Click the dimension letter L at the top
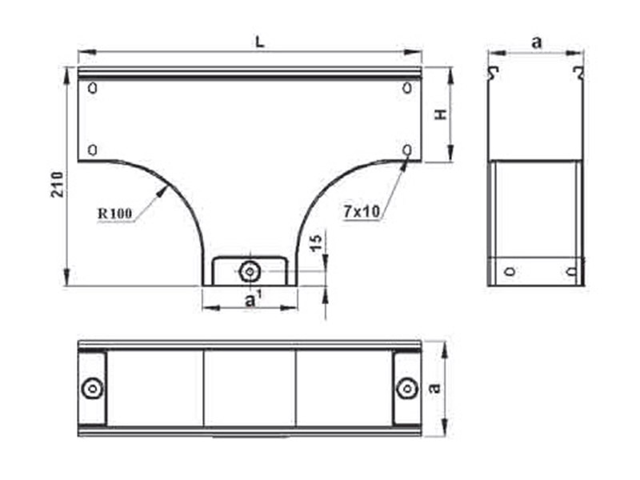point(260,42)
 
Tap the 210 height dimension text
point(57,185)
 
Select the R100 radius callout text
point(115,213)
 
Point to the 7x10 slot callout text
point(362,211)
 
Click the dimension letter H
point(441,114)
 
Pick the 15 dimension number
point(316,243)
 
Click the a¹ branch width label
point(252,299)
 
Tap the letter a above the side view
point(537,42)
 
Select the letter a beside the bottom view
point(435,387)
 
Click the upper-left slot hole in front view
point(93,88)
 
